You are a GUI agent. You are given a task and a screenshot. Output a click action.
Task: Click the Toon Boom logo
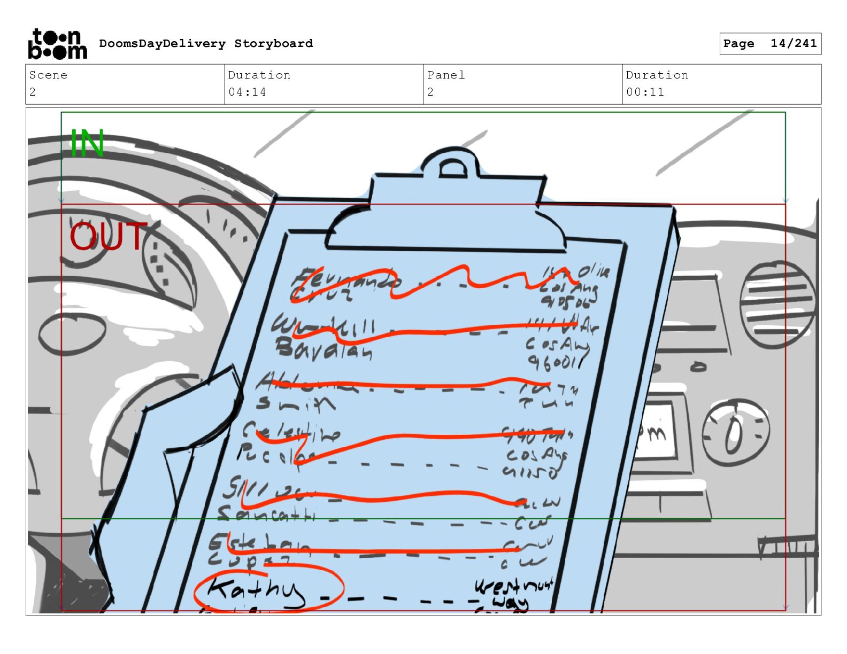(57, 44)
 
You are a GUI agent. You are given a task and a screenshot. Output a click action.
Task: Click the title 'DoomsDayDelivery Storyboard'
(206, 44)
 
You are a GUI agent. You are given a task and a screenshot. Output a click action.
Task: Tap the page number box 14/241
(770, 44)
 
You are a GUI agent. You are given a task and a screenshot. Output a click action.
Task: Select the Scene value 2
(33, 92)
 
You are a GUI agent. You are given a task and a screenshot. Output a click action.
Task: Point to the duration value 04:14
(247, 92)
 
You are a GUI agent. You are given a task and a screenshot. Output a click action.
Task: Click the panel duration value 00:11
(645, 92)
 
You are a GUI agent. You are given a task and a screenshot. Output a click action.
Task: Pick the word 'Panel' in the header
(446, 75)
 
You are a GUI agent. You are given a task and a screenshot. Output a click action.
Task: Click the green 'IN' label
(87, 143)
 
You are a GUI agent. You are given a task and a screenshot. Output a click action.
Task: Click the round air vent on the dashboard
(778, 305)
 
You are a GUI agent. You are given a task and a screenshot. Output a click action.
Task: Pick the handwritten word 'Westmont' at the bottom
(513, 586)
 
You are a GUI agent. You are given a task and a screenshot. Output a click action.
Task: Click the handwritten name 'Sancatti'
(267, 515)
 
